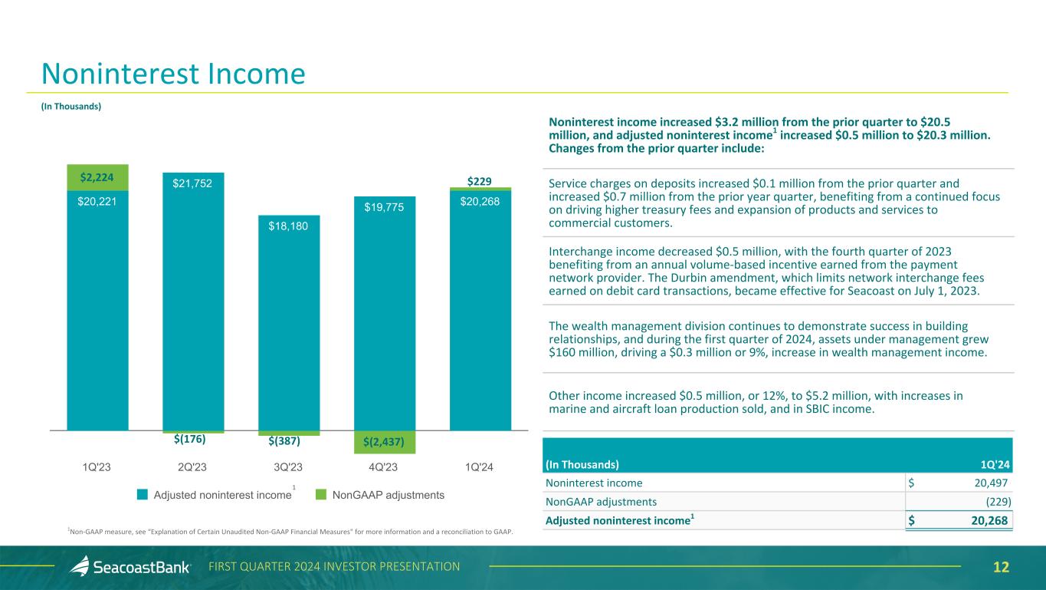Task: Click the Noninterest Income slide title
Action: point(173,74)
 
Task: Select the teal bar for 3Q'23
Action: point(289,322)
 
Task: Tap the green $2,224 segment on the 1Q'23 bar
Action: point(97,177)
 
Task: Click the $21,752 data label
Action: point(193,183)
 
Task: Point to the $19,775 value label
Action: point(385,207)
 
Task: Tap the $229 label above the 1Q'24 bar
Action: point(480,180)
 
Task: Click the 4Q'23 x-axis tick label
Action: point(384,466)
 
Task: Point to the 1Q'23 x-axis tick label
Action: point(97,466)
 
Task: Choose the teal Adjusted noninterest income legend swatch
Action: point(143,495)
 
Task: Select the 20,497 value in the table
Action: point(985,483)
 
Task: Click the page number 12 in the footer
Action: point(1001,567)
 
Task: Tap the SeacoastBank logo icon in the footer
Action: point(80,566)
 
